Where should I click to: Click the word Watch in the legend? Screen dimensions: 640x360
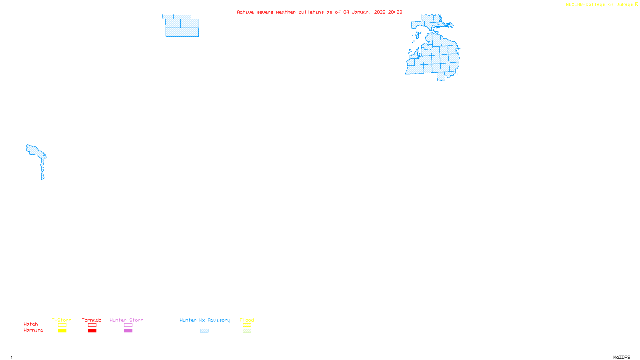pyautogui.click(x=31, y=324)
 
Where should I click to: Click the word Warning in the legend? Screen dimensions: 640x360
pyautogui.click(x=33, y=330)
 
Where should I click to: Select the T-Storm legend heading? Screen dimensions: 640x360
pyautogui.click(x=62, y=320)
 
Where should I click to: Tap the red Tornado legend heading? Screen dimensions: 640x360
pyautogui.click(x=92, y=320)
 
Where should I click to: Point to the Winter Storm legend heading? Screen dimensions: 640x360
pyautogui.click(x=126, y=320)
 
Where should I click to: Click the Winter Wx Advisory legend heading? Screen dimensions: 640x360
pyautogui.click(x=205, y=320)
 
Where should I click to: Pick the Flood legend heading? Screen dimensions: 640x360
pyautogui.click(x=247, y=320)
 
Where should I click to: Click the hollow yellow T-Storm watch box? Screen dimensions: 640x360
pyautogui.click(x=62, y=325)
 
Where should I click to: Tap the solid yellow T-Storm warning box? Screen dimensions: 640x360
pyautogui.click(x=62, y=331)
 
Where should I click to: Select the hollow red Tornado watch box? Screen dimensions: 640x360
pyautogui.click(x=92, y=325)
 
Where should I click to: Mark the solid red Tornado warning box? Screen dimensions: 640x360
pyautogui.click(x=92, y=331)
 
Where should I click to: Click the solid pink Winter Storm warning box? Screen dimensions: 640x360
pyautogui.click(x=128, y=331)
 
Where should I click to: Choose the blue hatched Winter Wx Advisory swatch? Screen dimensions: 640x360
pyautogui.click(x=204, y=331)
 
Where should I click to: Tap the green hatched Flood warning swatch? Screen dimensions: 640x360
pyautogui.click(x=247, y=331)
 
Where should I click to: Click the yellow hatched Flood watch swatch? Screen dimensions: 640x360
pyautogui.click(x=247, y=325)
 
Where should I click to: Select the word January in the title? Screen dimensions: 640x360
pyautogui.click(x=362, y=12)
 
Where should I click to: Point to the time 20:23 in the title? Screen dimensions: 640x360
pyautogui.click(x=395, y=12)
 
